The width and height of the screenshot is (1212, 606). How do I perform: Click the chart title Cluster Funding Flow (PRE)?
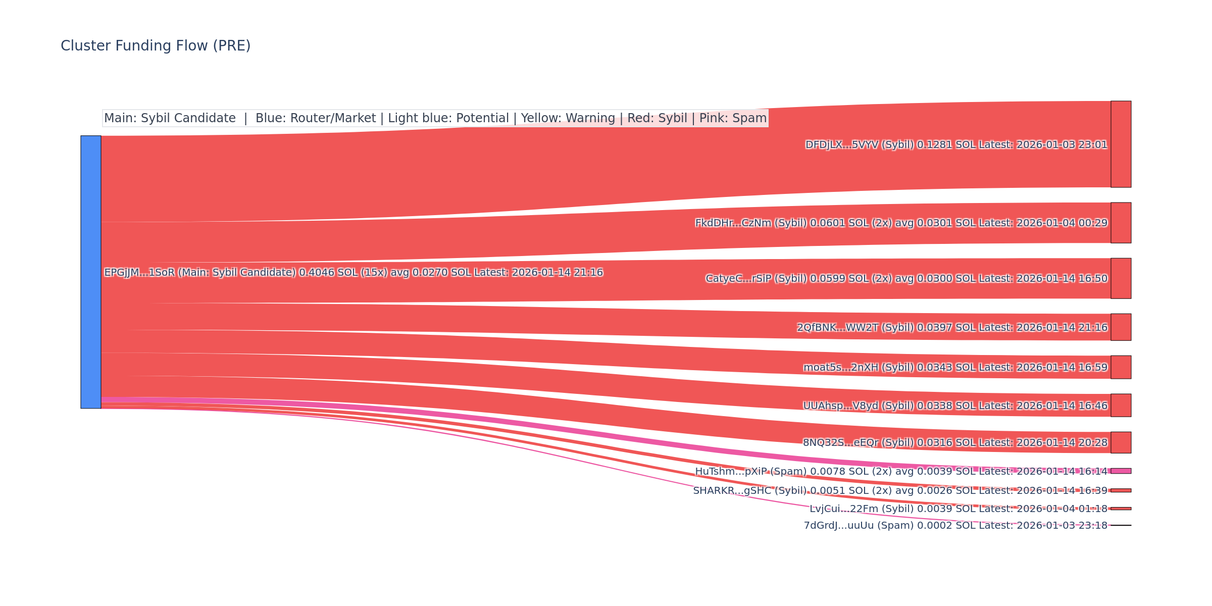coord(156,46)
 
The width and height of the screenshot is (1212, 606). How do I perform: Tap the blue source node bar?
coord(91,272)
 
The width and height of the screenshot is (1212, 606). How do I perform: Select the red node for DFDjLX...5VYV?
coord(1121,144)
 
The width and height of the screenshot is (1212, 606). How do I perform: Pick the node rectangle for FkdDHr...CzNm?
coord(1121,223)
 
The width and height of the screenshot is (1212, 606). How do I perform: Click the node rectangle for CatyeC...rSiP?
coord(1121,278)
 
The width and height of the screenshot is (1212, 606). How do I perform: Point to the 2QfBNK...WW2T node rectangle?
coord(1121,327)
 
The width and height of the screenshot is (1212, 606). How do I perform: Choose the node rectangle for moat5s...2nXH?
coord(1121,367)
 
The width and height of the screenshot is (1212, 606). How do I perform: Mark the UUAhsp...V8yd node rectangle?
coord(1121,406)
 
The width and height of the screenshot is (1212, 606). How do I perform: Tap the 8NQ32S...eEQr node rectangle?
coord(1121,442)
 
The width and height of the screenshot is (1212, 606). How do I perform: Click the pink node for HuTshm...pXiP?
coord(1121,471)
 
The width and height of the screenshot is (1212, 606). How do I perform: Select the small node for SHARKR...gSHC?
coord(1121,490)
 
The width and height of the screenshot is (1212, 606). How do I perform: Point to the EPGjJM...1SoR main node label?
coord(353,273)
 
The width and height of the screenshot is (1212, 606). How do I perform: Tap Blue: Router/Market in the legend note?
coord(316,118)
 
